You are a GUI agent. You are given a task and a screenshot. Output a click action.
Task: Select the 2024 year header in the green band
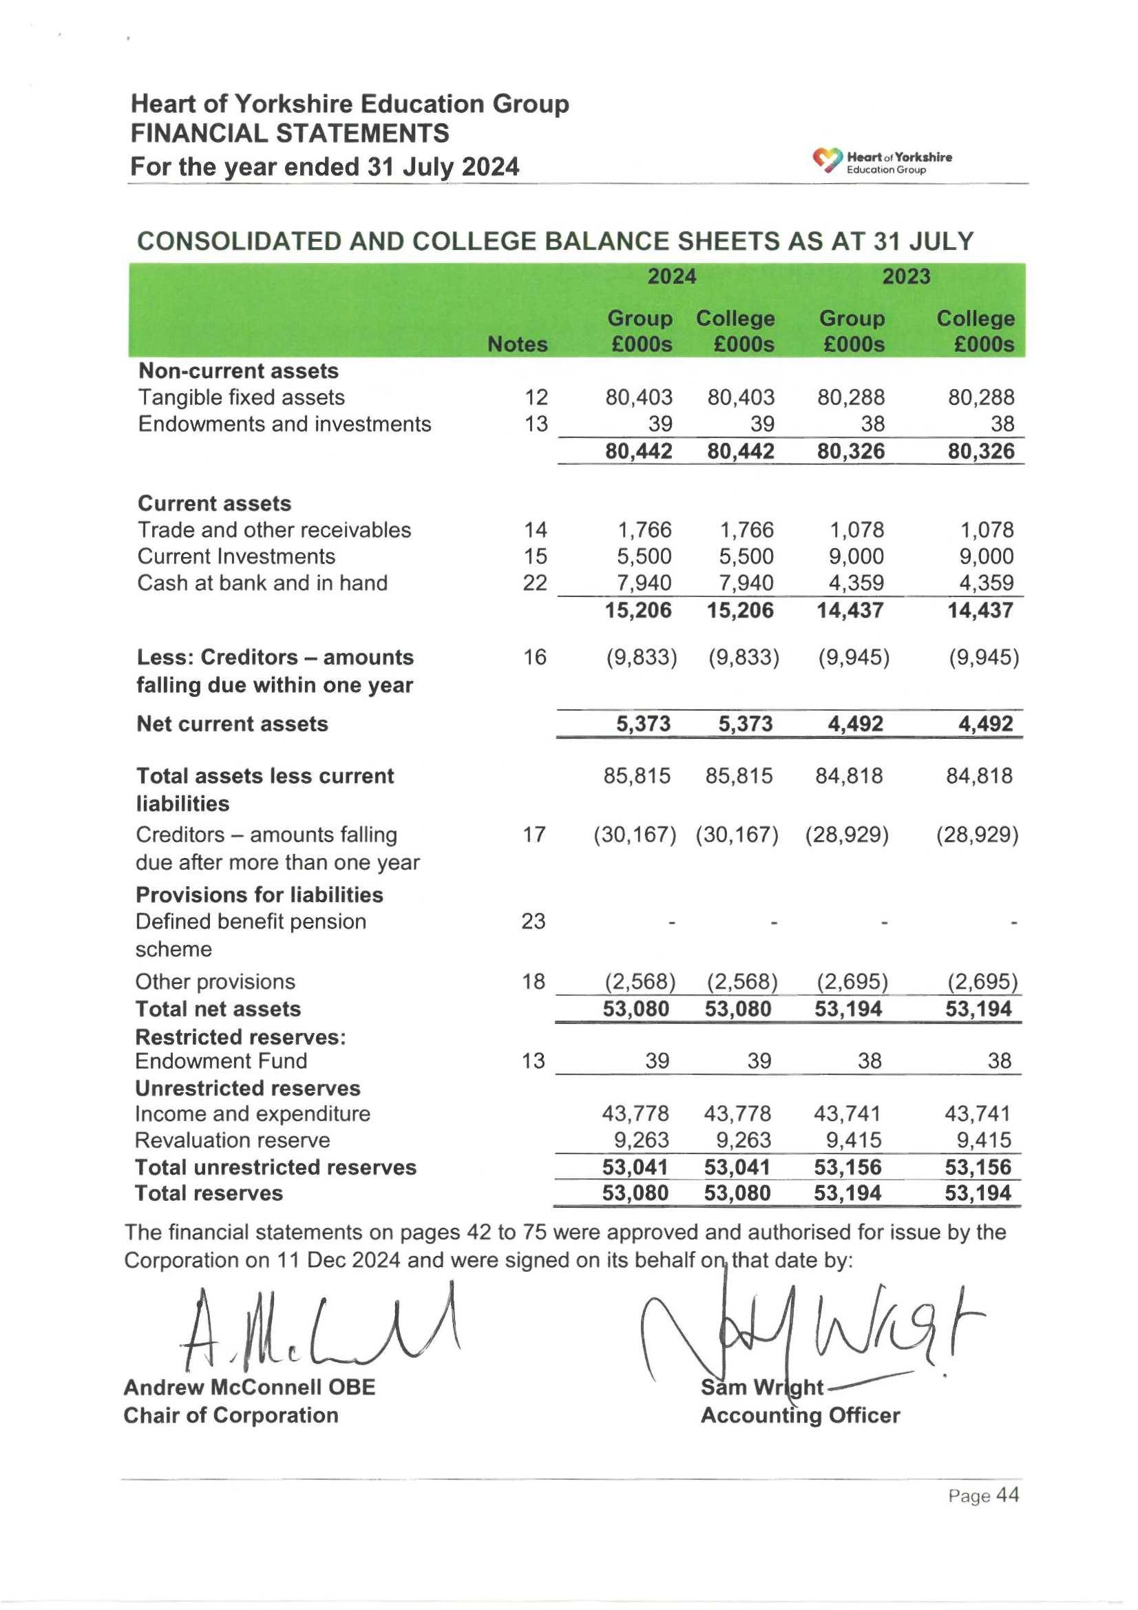(671, 276)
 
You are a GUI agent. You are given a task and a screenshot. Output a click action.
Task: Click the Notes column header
(517, 344)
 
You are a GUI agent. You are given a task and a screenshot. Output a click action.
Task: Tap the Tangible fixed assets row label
(241, 397)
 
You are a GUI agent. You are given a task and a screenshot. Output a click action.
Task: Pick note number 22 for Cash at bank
(535, 583)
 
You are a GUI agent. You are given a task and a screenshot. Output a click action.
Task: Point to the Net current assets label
(232, 724)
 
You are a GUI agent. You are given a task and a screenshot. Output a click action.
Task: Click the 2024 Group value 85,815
(637, 775)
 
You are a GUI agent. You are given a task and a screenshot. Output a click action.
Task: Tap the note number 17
(534, 835)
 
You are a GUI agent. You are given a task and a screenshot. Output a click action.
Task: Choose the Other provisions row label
(215, 982)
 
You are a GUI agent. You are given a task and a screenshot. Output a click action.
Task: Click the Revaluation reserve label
(232, 1140)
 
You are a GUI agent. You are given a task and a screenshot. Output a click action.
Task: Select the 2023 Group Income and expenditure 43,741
(848, 1114)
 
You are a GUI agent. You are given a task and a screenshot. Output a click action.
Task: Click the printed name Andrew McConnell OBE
(250, 1387)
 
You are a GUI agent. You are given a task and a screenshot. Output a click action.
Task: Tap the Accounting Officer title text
(800, 1415)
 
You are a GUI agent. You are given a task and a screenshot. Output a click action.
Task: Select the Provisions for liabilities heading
(260, 895)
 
